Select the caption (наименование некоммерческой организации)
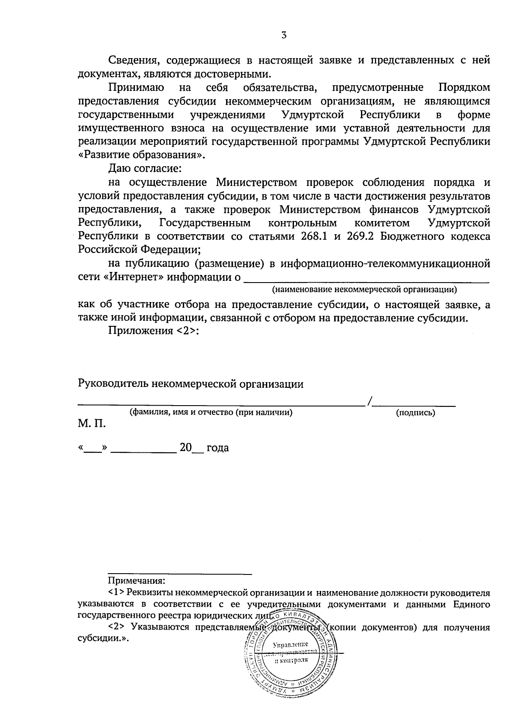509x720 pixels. pyautogui.click(x=364, y=290)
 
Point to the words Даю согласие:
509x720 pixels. pyautogui.click(x=145, y=168)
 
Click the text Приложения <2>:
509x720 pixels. pyautogui.click(x=154, y=331)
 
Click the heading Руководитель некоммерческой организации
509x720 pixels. pyautogui.click(x=191, y=384)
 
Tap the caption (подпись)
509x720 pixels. pyautogui.click(x=415, y=412)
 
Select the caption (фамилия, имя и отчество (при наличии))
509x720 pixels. pyautogui.click(x=211, y=412)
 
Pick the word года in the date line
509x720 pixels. pyautogui.click(x=218, y=448)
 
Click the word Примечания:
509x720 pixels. pyautogui.click(x=137, y=580)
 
